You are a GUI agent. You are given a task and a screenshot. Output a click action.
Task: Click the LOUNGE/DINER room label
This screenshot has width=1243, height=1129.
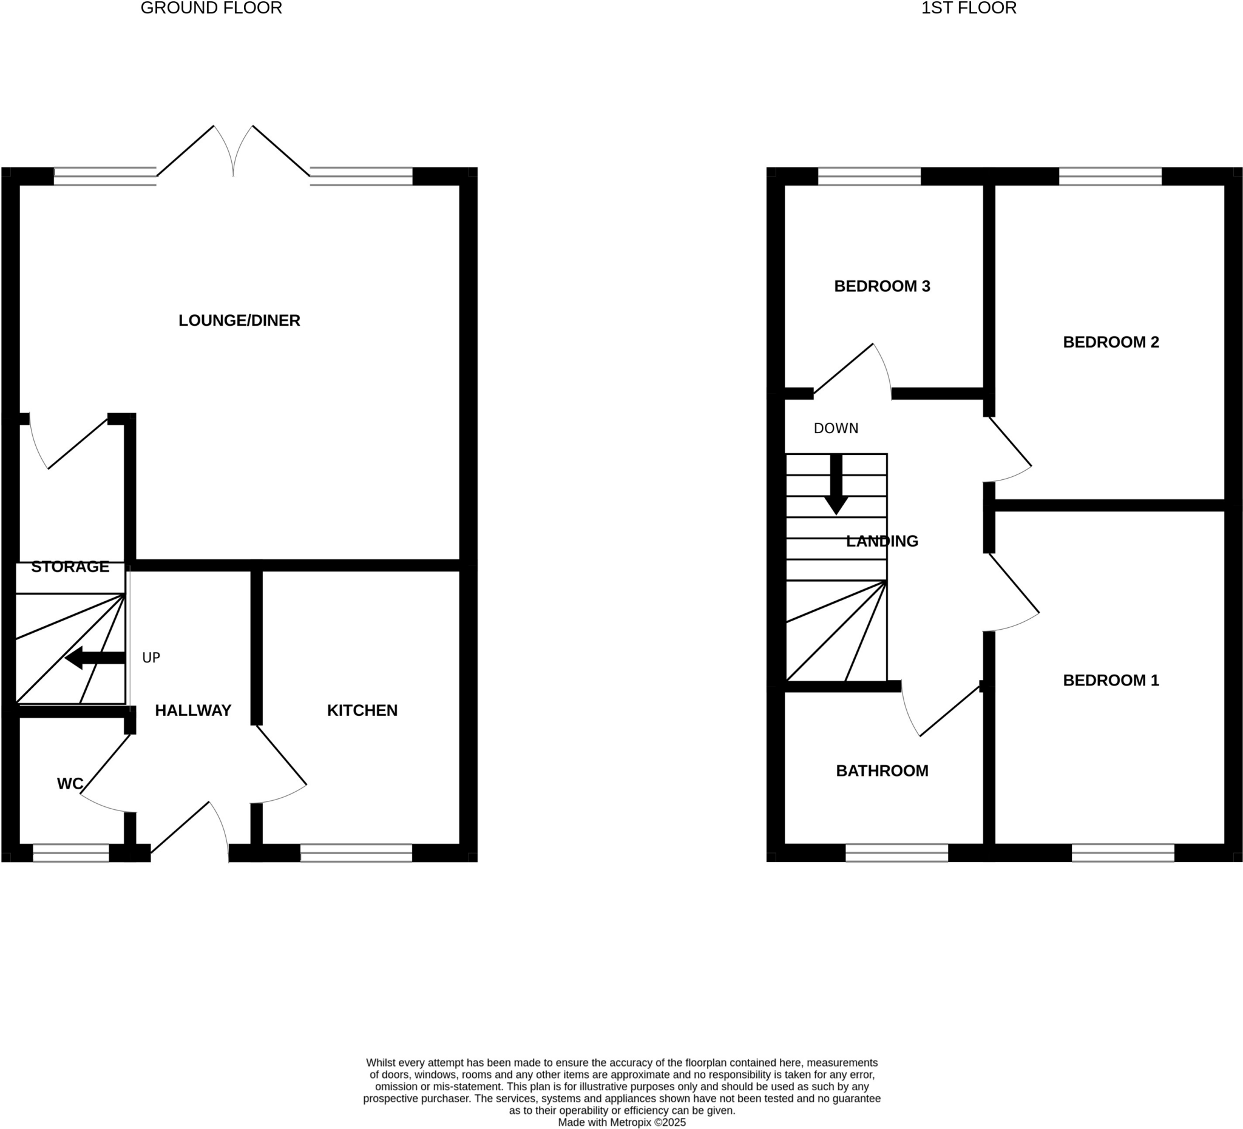(239, 320)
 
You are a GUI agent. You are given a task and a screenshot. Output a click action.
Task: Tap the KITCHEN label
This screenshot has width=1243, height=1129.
(362, 710)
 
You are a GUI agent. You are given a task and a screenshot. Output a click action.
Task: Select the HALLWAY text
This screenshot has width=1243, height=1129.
(193, 710)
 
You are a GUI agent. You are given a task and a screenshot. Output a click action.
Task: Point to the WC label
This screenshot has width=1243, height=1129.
(70, 784)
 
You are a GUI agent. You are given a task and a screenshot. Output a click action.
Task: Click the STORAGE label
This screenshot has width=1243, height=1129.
(70, 567)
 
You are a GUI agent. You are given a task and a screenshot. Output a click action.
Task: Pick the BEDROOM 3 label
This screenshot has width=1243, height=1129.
(882, 286)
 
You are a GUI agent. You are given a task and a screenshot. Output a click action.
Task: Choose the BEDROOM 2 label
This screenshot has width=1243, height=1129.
(1111, 342)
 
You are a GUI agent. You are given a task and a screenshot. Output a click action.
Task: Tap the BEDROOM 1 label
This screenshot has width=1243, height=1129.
(1111, 680)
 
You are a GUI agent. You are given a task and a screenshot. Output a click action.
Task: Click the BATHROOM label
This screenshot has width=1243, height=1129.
(882, 771)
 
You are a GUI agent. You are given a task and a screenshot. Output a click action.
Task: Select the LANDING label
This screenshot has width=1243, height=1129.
(882, 541)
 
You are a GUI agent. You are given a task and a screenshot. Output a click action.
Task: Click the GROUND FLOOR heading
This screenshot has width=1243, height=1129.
(211, 8)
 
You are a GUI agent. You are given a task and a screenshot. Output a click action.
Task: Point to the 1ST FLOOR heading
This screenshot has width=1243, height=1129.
(969, 8)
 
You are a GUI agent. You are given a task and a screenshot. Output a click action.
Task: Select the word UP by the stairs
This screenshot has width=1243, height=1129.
(151, 658)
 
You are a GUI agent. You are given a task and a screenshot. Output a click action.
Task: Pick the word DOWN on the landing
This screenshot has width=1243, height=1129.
(836, 428)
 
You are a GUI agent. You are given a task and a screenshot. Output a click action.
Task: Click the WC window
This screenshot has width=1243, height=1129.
(71, 853)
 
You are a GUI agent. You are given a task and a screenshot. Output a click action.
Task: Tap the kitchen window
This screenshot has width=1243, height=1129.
(356, 853)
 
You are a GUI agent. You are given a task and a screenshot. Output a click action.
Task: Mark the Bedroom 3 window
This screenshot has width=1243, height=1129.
(869, 177)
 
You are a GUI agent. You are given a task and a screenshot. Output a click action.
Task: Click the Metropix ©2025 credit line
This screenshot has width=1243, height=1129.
(621, 1123)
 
